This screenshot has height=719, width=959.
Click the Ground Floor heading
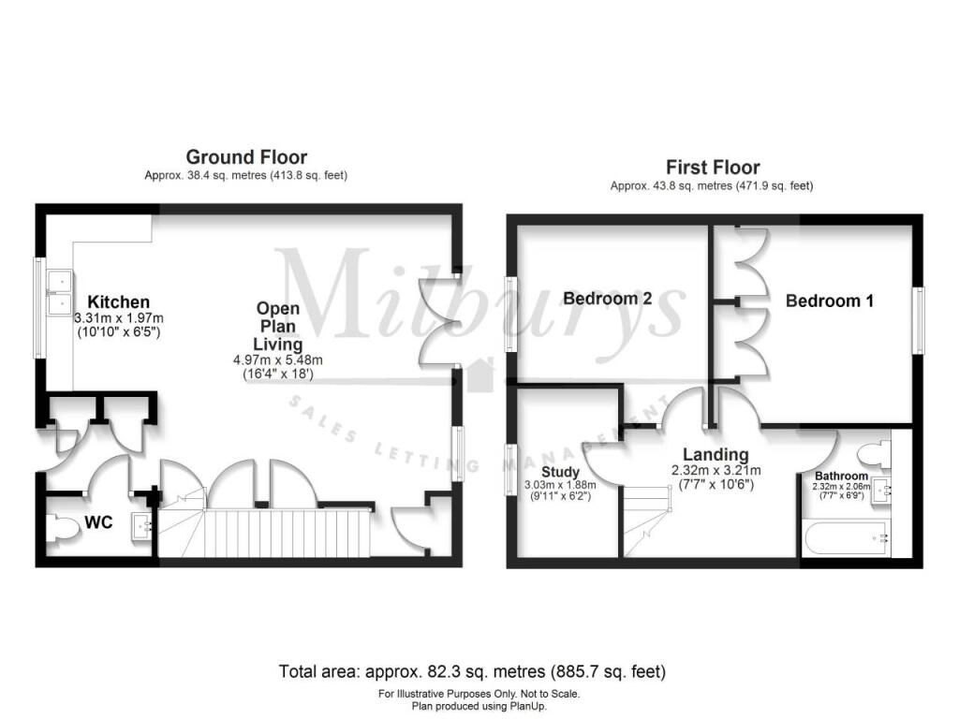point(246,157)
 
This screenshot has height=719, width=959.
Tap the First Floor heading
point(713,167)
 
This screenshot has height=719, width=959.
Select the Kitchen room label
point(119,302)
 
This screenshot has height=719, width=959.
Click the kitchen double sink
point(61,292)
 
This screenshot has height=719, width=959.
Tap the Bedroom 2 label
point(607,299)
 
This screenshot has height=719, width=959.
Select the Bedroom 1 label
point(830,301)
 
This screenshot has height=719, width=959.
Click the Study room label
point(560,472)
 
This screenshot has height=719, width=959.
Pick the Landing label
point(716,454)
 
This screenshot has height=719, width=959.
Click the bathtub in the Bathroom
point(847,538)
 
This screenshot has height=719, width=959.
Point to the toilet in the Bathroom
point(874,454)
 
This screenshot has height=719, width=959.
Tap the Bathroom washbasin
point(881,489)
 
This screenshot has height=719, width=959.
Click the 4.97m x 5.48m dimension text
point(277,360)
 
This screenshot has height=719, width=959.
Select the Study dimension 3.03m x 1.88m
point(560,485)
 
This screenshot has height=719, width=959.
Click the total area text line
point(472,672)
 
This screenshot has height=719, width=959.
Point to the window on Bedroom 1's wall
point(918,320)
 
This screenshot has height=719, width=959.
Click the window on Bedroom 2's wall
point(510,315)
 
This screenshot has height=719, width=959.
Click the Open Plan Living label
point(277,327)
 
